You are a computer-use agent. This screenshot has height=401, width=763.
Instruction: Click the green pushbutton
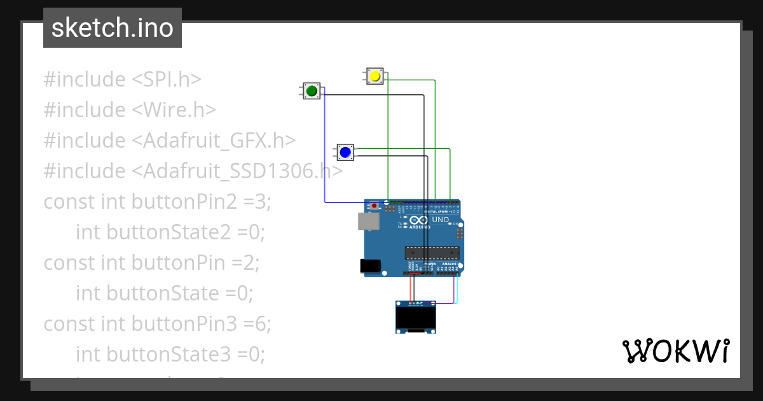click(x=312, y=91)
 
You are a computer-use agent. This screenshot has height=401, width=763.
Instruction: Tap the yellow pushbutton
click(x=375, y=76)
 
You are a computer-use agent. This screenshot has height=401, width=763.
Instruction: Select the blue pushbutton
click(x=345, y=152)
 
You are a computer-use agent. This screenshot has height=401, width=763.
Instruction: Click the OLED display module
click(x=416, y=317)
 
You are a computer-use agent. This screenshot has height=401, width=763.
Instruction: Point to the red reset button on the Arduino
click(x=375, y=206)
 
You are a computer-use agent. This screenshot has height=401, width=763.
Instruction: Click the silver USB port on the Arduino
click(x=367, y=221)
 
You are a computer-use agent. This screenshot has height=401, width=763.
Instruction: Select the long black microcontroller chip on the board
click(x=432, y=253)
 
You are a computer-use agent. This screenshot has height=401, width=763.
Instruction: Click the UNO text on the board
click(x=440, y=220)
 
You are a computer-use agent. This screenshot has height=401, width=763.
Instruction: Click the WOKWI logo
click(x=675, y=351)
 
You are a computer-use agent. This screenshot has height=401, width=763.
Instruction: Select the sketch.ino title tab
click(x=113, y=28)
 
